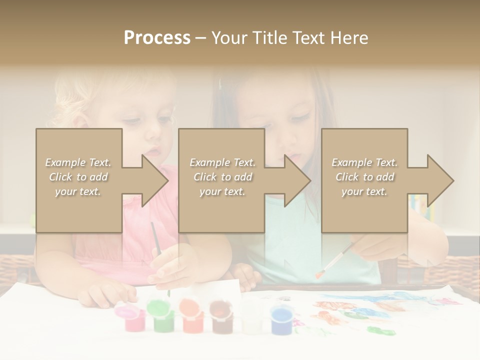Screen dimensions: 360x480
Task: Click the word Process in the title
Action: tap(157, 38)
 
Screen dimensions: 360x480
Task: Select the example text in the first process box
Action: tap(78, 177)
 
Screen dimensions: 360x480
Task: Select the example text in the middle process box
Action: tap(222, 177)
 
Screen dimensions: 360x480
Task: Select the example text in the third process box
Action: tap(364, 177)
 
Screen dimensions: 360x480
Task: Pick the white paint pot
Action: tap(251, 318)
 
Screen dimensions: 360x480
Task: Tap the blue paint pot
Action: tap(281, 319)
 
